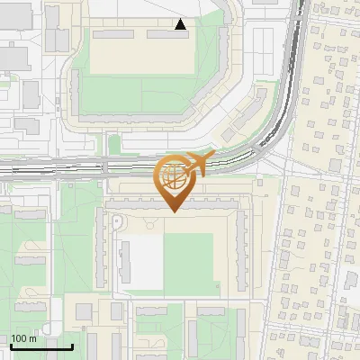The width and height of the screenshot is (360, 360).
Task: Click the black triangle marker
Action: pyautogui.click(x=181, y=24)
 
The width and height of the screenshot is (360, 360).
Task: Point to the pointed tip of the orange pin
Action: pyautogui.click(x=173, y=211)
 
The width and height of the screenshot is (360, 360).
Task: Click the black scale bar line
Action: pyautogui.click(x=41, y=346)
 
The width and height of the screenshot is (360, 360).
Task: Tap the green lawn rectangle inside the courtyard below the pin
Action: pyautogui.click(x=188, y=262)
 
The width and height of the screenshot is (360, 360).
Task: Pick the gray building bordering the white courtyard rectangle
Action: pyautogui.click(x=126, y=261)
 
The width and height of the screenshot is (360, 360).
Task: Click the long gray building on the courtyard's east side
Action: pyautogui.click(x=241, y=252)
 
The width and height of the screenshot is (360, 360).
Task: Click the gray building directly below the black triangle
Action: pyautogui.click(x=169, y=34)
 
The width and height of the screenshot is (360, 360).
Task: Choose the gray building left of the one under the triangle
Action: pyautogui.click(x=113, y=34)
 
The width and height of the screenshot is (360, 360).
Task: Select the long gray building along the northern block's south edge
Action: pyautogui.click(x=135, y=118)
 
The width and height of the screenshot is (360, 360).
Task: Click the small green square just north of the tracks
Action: pyautogui.click(x=114, y=144)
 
